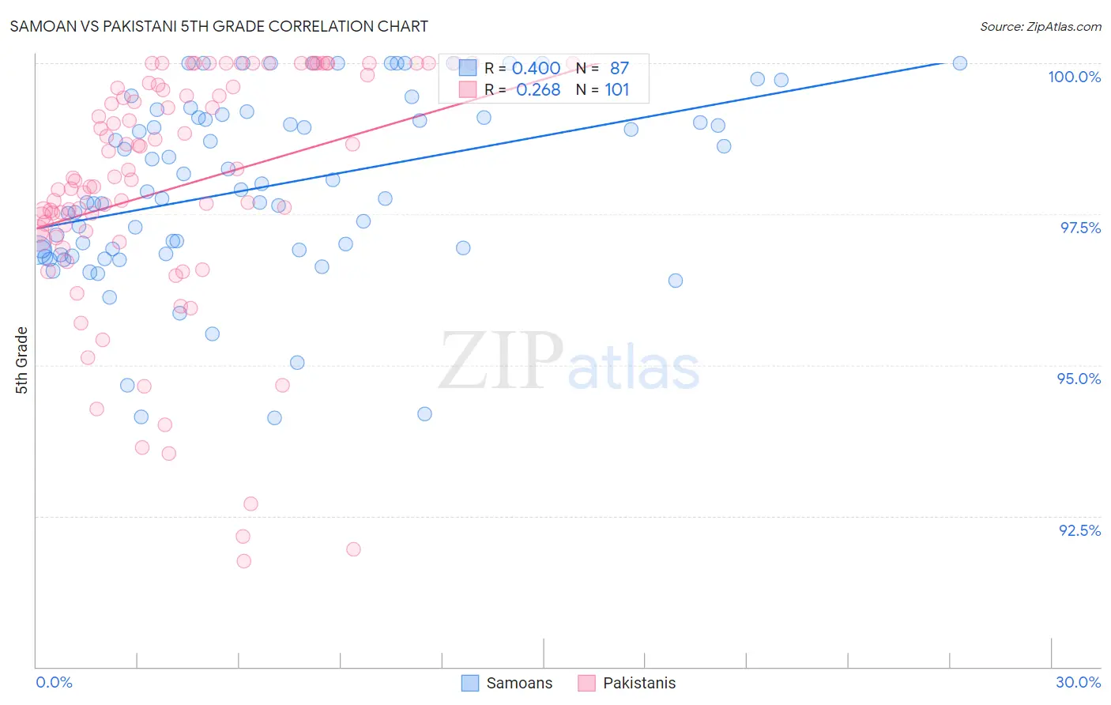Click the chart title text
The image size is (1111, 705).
pos(219,26)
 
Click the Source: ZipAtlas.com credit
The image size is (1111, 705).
pos(1040,26)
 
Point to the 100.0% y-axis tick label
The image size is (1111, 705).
pos(1074,77)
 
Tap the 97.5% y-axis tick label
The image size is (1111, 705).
pos(1080,228)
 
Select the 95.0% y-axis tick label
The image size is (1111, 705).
pos(1079,379)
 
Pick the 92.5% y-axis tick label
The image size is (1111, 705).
pos(1079,530)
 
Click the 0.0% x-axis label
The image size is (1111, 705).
pos(54,682)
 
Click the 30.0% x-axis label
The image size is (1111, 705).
pos(1078,682)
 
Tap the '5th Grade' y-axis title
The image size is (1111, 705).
pos(22,360)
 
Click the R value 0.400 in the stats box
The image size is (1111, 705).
pos(536,69)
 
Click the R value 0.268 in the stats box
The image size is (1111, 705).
pos(537,90)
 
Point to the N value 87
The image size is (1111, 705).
pos(620,69)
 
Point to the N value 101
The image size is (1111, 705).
pos(617,90)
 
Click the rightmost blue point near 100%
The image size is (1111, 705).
pos(960,63)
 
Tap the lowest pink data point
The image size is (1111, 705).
pos(243,561)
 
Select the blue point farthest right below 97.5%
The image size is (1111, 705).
pos(676,281)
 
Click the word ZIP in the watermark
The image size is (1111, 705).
pos(501,362)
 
